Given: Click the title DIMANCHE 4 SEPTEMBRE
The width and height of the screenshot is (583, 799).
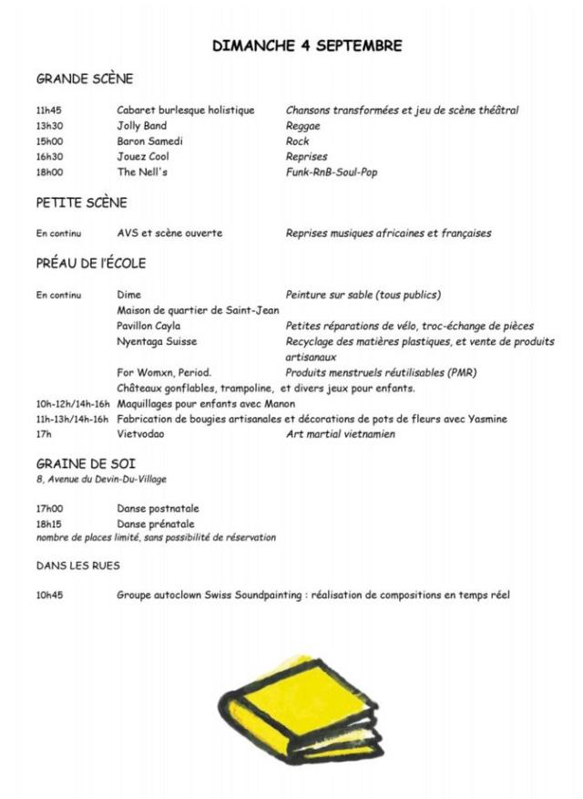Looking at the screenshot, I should coord(307,46).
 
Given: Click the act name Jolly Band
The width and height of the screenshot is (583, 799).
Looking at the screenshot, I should coord(142,126).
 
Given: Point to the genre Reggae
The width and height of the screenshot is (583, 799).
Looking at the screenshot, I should coord(303,126).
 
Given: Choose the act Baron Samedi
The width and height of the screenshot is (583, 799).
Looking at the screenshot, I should coord(149,141).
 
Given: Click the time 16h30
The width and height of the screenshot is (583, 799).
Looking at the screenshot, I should coord(49,157).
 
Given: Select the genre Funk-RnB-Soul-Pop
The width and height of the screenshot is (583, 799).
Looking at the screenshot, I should coord(332,172).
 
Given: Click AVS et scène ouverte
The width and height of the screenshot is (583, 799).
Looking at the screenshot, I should coord(169,233).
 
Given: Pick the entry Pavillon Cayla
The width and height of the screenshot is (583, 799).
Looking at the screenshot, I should coord(148,326).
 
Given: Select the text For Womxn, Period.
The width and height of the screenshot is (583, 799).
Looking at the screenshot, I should coord(164,372).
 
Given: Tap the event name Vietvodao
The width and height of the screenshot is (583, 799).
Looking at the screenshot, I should coord(142,434).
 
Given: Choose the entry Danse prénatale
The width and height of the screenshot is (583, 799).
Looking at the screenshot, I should coord(156,524).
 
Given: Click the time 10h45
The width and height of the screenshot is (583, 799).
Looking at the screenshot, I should coord(49,596).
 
